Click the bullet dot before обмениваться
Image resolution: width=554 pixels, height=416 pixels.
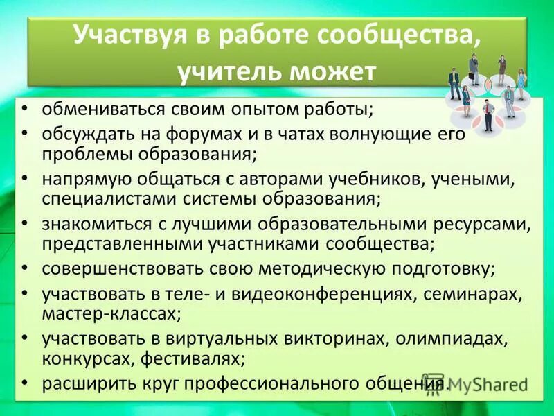25,109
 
